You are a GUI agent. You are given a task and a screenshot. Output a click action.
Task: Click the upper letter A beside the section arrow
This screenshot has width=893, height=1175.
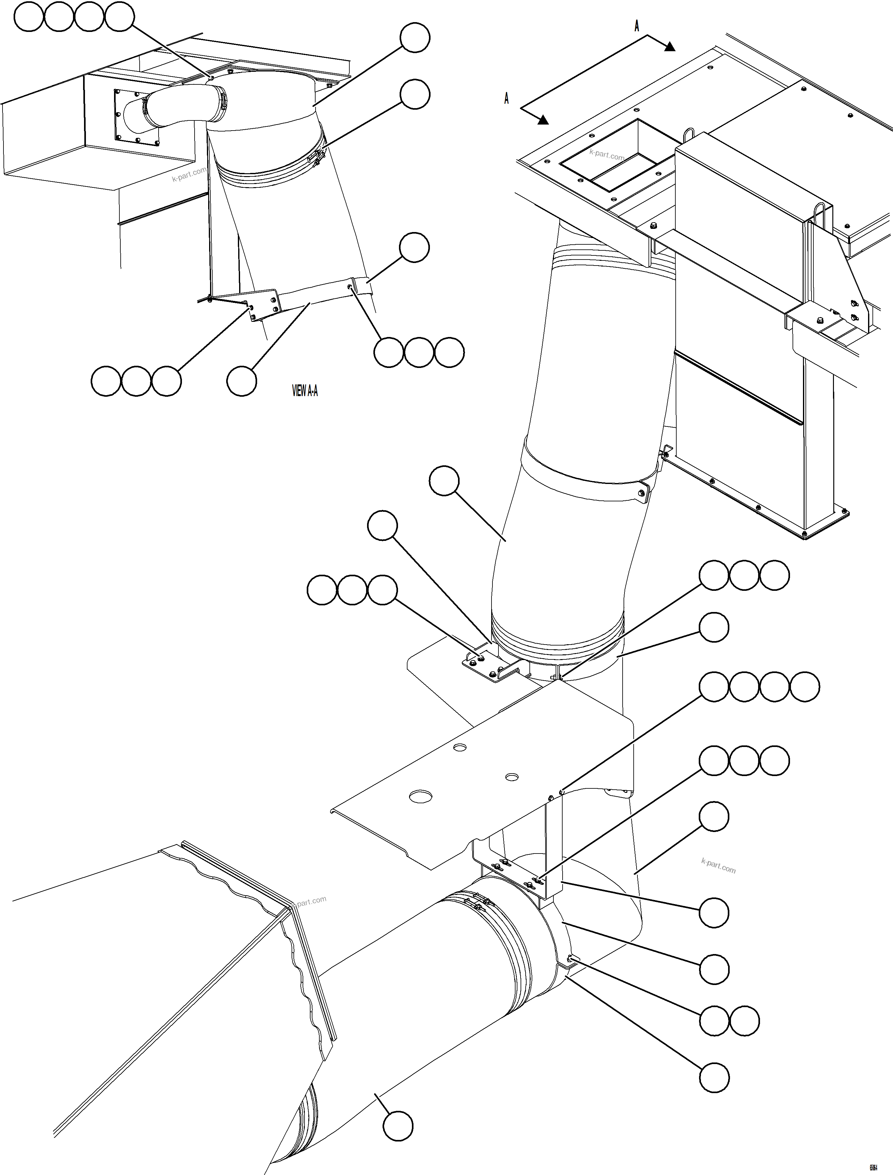point(637,26)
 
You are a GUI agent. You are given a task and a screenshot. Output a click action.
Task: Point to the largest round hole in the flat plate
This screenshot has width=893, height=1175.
point(420,796)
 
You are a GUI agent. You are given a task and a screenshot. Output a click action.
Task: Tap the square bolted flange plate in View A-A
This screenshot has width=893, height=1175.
point(136,117)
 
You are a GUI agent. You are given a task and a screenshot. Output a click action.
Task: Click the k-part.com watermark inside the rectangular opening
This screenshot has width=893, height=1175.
point(606,155)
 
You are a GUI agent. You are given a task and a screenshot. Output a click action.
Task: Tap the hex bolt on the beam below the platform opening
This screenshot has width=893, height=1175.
point(653,226)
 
